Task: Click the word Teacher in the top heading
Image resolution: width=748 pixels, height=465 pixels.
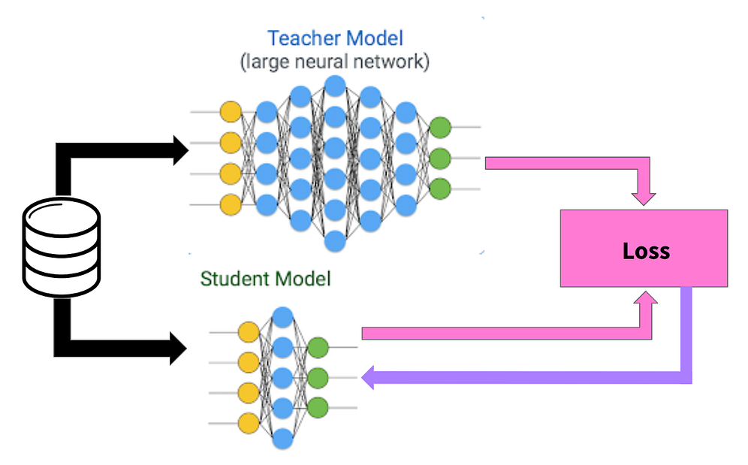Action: [300, 38]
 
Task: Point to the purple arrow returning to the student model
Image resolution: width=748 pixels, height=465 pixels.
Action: [526, 378]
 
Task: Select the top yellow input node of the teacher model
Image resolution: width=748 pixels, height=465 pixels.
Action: [231, 113]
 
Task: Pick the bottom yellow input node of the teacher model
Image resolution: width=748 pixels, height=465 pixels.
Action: [231, 204]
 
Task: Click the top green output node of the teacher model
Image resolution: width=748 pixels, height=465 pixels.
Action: [440, 127]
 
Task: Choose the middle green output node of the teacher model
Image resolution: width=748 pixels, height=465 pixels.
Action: [440, 158]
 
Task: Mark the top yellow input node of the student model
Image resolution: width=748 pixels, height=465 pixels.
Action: [248, 331]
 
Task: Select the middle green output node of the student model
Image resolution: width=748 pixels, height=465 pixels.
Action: [318, 377]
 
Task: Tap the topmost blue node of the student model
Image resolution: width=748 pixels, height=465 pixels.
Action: [282, 316]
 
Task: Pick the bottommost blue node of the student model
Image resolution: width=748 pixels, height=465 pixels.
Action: [282, 439]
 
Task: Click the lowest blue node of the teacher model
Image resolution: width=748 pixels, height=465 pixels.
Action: [335, 241]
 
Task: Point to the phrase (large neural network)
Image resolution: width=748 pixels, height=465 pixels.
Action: [335, 62]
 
